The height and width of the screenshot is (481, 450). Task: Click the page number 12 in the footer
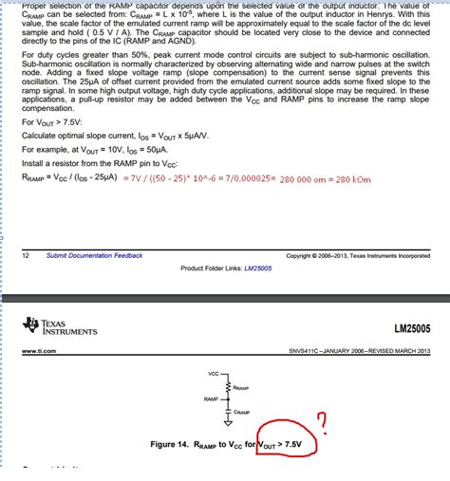coord(26,255)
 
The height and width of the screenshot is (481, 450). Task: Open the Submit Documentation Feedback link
coord(95,255)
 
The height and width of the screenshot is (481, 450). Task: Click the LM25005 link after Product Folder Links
coord(259,268)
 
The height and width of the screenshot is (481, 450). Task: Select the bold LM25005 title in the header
coord(414,329)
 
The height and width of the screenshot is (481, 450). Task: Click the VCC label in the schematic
coord(213,374)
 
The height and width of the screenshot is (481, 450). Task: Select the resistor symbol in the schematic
coord(227,387)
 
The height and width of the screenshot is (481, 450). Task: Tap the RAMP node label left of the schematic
coord(211,399)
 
